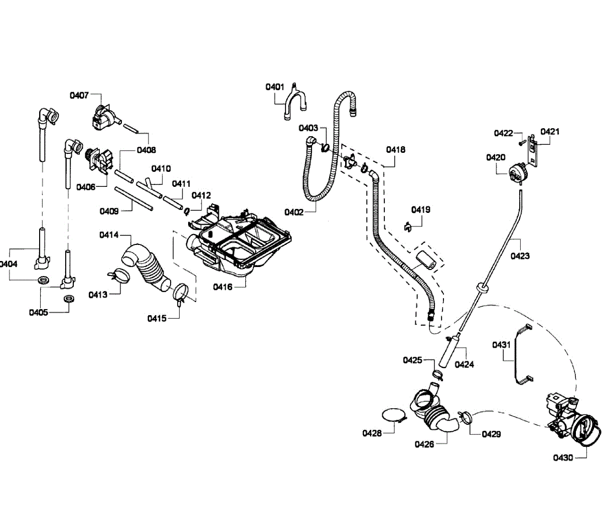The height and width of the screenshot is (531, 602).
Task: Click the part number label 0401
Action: pyautogui.click(x=274, y=87)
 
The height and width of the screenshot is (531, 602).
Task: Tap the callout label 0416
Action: pyautogui.click(x=223, y=287)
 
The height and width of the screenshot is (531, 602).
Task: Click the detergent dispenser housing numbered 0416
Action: pyautogui.click(x=238, y=240)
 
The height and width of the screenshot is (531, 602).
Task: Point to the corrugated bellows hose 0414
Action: pyautogui.click(x=146, y=267)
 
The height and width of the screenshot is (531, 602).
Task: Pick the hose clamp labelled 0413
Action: pyautogui.click(x=119, y=275)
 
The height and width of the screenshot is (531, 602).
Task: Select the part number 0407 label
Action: pyautogui.click(x=79, y=95)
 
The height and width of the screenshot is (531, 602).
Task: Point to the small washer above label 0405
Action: pyautogui.click(x=69, y=299)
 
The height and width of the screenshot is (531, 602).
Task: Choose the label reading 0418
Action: pyautogui.click(x=395, y=150)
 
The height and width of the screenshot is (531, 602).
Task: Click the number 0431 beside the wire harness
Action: pyautogui.click(x=501, y=345)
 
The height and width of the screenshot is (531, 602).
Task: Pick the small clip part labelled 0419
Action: pyautogui.click(x=408, y=227)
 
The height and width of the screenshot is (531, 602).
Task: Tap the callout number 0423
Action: pyautogui.click(x=520, y=256)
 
